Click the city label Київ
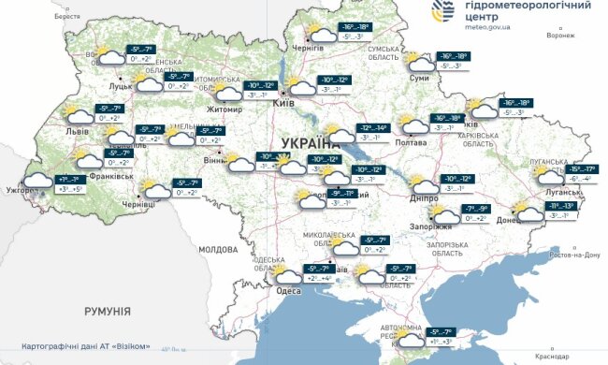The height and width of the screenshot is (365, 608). point(283,104)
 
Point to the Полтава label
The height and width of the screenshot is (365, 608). point(412,142)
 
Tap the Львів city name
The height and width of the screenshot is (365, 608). point(78,131)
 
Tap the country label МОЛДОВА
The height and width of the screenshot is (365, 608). point(218,250)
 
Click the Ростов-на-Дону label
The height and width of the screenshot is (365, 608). point(572,255)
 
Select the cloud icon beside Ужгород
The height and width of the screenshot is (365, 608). point(37,179)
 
